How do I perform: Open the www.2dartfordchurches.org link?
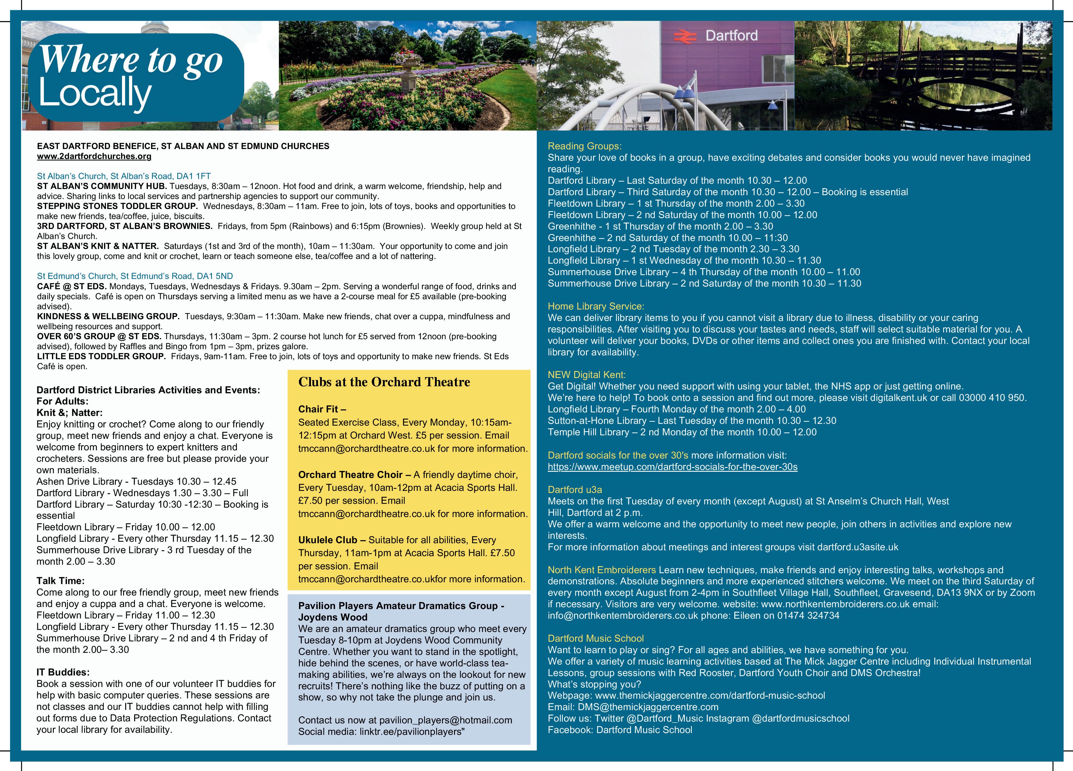click(94, 156)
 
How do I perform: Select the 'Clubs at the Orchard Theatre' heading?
click(384, 382)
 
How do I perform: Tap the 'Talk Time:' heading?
click(61, 581)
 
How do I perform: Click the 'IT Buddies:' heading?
click(63, 672)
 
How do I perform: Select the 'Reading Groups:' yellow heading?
click(584, 146)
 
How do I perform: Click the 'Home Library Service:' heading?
click(596, 306)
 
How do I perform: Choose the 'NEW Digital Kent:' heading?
click(587, 375)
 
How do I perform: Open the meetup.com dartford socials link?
click(672, 467)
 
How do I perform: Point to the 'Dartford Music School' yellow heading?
click(596, 638)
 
